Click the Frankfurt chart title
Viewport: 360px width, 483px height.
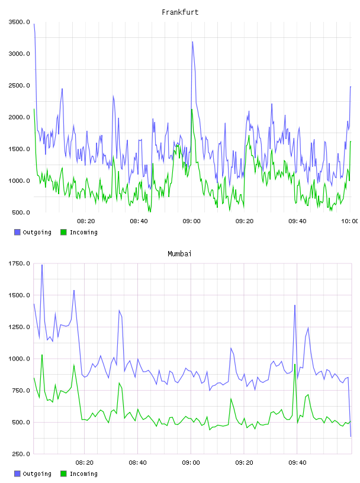(x=180, y=12)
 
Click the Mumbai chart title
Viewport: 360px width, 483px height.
(x=179, y=254)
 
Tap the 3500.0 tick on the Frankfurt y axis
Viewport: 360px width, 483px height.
(x=19, y=22)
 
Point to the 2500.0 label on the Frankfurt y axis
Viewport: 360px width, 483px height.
(x=19, y=85)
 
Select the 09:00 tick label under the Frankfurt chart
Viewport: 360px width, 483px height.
(x=191, y=221)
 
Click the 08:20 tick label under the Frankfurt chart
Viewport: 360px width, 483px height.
(x=86, y=221)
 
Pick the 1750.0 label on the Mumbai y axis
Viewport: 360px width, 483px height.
(x=19, y=263)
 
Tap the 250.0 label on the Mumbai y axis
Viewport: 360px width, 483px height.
(x=21, y=454)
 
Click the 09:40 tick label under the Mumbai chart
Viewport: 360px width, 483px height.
(x=297, y=463)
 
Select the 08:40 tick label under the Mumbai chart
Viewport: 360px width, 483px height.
(x=138, y=463)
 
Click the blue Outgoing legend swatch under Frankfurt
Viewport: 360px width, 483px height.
(x=17, y=232)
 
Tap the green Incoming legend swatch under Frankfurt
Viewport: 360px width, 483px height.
(x=63, y=232)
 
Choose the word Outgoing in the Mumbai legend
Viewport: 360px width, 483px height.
(x=37, y=474)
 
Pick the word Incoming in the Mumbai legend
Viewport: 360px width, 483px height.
(x=83, y=474)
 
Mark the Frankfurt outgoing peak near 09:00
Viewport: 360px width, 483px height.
(x=192, y=41)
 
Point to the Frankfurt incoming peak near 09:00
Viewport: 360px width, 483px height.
(x=192, y=109)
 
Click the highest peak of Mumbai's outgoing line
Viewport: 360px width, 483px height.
(x=42, y=265)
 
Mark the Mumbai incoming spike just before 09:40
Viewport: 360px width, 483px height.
(x=295, y=365)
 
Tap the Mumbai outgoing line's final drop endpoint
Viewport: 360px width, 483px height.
(x=351, y=436)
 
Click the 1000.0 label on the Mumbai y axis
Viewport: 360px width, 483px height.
(x=19, y=359)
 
